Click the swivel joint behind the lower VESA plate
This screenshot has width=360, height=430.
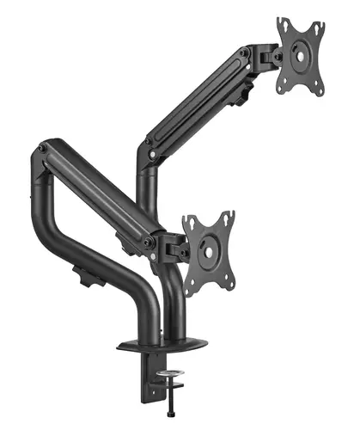coord(174,247)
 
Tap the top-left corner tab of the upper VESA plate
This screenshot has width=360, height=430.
coord(282,24)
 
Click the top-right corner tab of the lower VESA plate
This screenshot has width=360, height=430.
coord(228,215)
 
